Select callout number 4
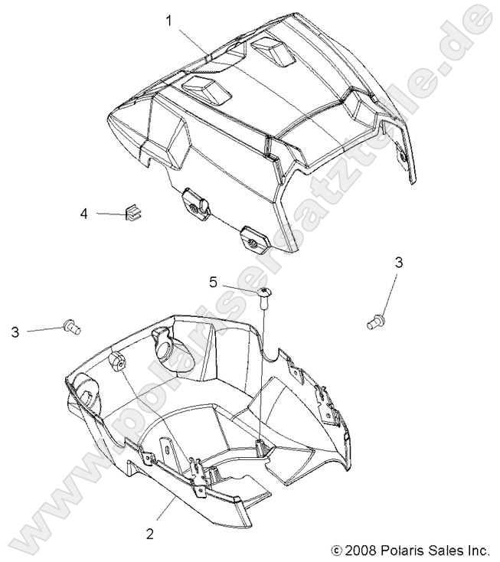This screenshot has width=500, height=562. [84, 214]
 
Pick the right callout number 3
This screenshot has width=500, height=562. [398, 263]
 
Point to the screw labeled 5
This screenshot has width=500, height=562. [265, 296]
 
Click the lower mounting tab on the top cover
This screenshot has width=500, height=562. [253, 240]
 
